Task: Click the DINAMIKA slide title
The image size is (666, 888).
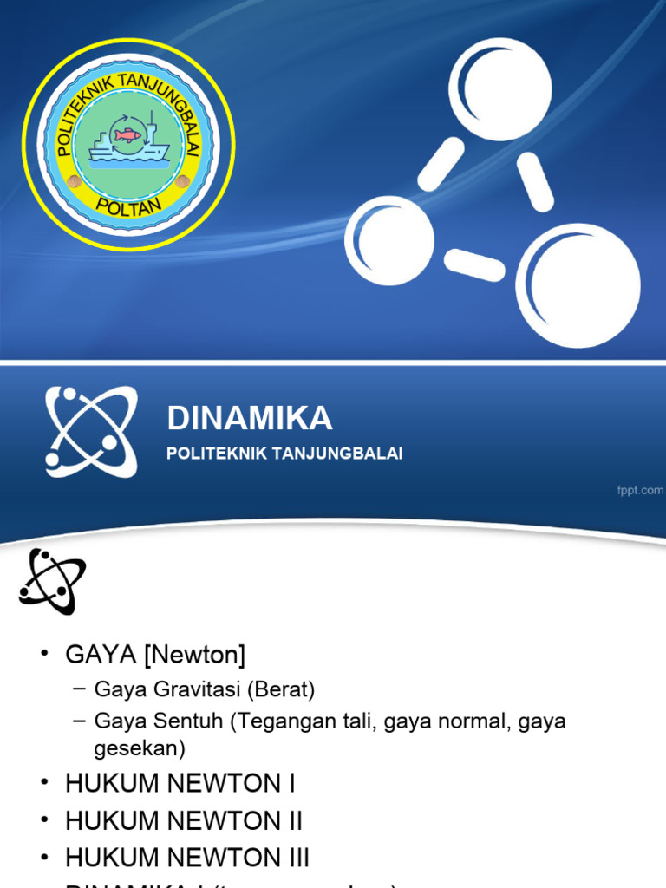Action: click(x=249, y=419)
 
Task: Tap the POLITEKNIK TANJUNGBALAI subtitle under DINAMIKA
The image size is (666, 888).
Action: click(x=284, y=454)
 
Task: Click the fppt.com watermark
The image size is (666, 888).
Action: click(x=640, y=491)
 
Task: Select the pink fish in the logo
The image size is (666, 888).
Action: click(x=127, y=135)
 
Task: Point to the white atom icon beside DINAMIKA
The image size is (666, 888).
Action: click(x=91, y=432)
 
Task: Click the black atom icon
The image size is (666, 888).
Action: click(x=52, y=582)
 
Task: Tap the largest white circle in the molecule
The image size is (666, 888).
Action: click(x=578, y=285)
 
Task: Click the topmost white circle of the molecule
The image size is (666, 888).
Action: click(x=499, y=89)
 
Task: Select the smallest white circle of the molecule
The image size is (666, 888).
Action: click(x=389, y=240)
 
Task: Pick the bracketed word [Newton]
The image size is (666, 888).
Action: click(x=195, y=656)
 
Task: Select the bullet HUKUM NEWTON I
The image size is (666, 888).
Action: click(x=180, y=783)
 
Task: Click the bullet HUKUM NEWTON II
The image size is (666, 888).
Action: click(x=184, y=820)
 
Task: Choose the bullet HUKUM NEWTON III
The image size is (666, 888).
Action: click(x=187, y=858)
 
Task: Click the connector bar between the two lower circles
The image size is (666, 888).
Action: click(x=474, y=264)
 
